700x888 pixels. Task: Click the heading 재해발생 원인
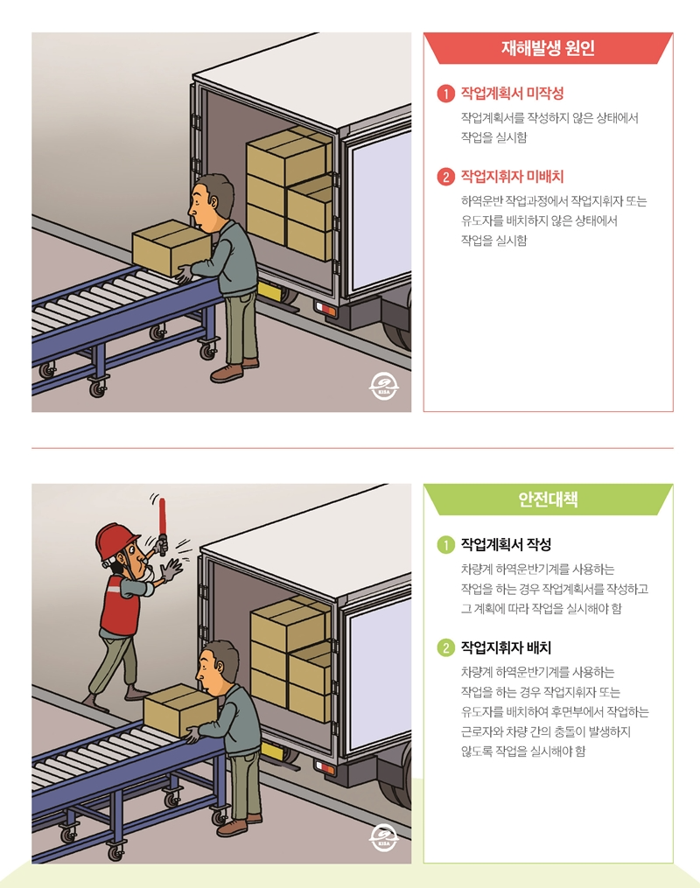pos(548,48)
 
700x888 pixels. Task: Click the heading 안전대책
pos(548,500)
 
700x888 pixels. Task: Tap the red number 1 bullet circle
pos(445,93)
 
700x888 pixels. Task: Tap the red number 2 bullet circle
pos(445,177)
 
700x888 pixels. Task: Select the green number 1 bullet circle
pos(445,545)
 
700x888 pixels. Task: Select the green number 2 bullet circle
pos(445,649)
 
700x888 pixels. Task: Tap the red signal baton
pos(161,525)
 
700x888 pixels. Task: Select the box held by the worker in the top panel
pos(170,248)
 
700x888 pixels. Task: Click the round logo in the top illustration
pos(382,387)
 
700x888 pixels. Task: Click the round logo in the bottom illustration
pos(382,837)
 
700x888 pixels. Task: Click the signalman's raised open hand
pos(172,570)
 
